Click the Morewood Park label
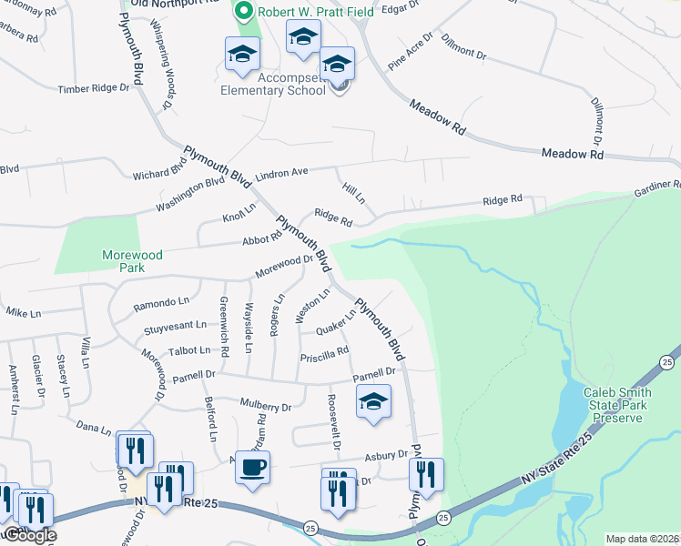point(133,262)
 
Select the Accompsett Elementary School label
point(272,85)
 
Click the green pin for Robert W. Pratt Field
point(243,13)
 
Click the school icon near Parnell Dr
point(372,401)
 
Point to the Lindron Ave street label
point(282,172)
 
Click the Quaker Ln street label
point(335,320)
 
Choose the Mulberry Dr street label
point(265,403)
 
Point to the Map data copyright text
point(642,539)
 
